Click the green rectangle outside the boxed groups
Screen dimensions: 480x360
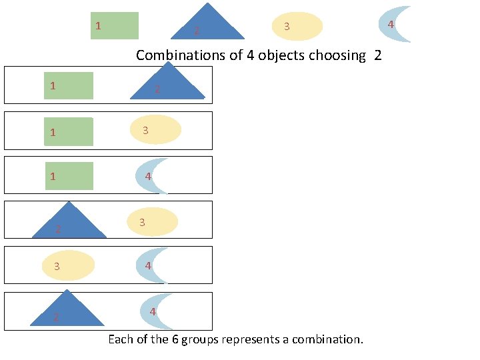pyautogui.click(x=115, y=26)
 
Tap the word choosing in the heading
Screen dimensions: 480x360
pyautogui.click(x=339, y=55)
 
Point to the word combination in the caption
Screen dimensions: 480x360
pyautogui.click(x=327, y=339)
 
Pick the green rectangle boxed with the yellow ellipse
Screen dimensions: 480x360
pyautogui.click(x=69, y=131)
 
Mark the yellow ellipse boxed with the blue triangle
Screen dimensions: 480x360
pyautogui.click(x=153, y=222)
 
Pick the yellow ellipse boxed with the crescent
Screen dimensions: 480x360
pyautogui.click(x=68, y=265)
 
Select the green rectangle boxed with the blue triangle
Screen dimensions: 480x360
pyautogui.click(x=69, y=86)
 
